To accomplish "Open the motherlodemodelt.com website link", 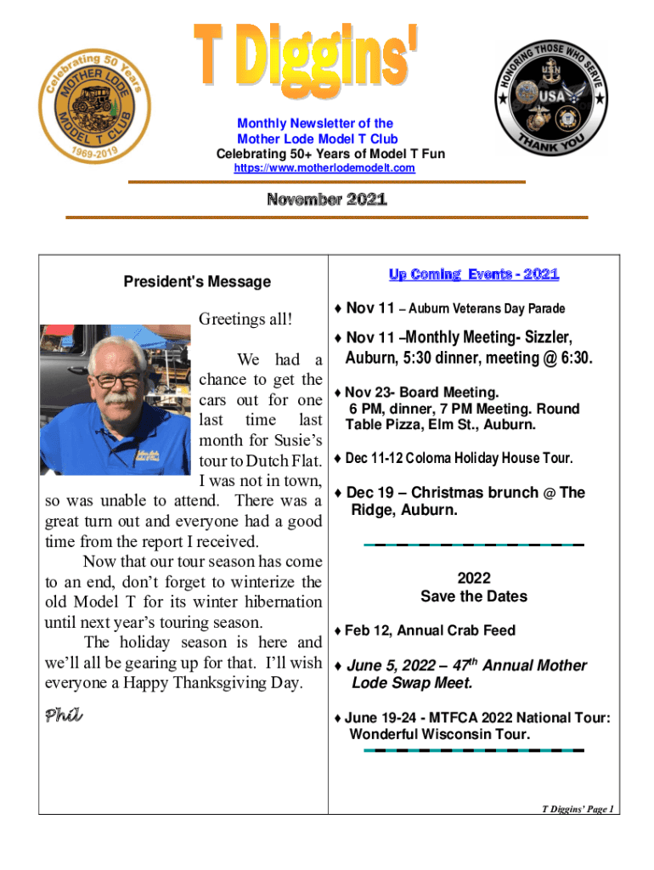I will click(x=324, y=168).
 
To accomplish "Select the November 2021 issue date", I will click(x=327, y=201).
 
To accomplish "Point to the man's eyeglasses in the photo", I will click(x=118, y=379).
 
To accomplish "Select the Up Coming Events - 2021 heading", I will click(x=474, y=274).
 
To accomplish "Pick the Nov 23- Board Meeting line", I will click(x=421, y=393).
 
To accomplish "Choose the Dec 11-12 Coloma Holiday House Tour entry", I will click(x=459, y=458).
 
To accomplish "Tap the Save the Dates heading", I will click(x=473, y=596).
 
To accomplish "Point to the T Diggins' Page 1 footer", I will click(x=578, y=809).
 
